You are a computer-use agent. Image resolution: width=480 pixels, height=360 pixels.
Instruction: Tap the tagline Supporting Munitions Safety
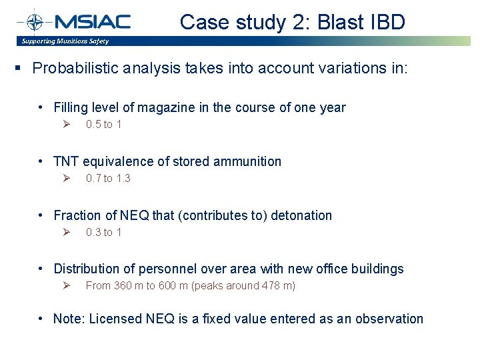click(65, 41)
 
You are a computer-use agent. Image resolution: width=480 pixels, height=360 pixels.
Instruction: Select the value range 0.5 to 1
click(103, 125)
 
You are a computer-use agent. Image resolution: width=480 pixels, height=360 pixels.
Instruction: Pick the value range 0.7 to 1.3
click(108, 179)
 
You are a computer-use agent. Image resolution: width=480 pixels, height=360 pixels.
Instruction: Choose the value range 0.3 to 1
click(103, 233)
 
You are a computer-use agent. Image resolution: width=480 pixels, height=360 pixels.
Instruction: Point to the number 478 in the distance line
click(271, 286)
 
